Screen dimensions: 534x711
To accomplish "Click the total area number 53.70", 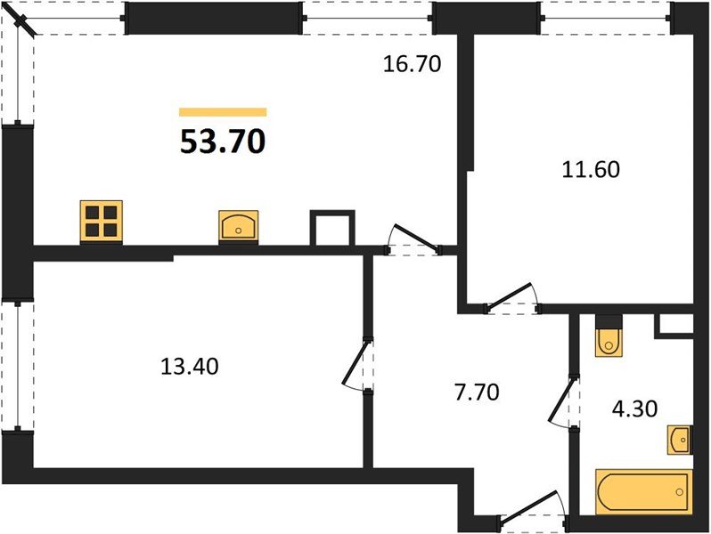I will click(x=223, y=141).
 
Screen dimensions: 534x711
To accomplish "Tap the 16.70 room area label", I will click(x=412, y=63).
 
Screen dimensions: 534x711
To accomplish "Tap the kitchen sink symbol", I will click(x=239, y=225).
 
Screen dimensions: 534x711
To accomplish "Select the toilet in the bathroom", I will click(x=610, y=336).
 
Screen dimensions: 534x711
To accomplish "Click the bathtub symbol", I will click(x=643, y=491).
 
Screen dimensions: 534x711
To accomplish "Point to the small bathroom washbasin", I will click(x=679, y=438).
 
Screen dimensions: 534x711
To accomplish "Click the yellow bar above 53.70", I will click(x=223, y=112).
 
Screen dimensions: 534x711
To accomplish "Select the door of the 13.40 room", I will click(x=356, y=365).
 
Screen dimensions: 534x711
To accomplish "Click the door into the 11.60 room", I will click(x=511, y=299).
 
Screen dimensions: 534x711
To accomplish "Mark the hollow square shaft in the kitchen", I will click(x=332, y=228).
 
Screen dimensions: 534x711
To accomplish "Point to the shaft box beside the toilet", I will click(x=674, y=326).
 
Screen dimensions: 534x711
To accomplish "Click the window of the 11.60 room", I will click(x=606, y=16).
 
